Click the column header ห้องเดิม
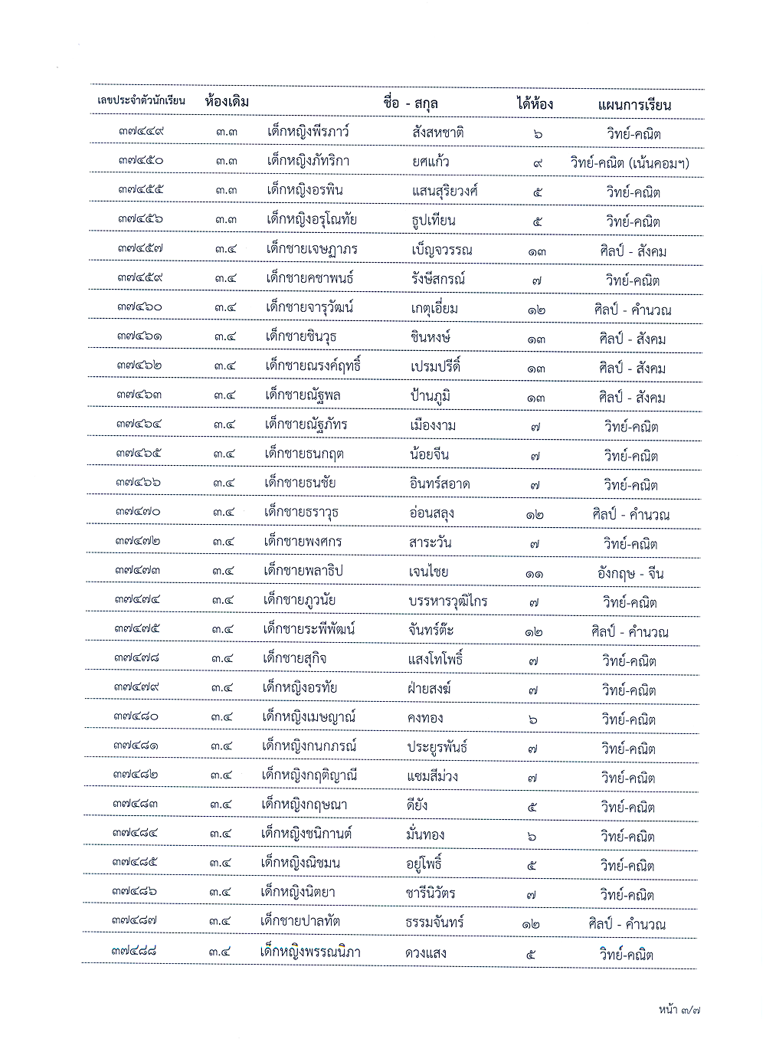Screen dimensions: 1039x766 [x=228, y=102]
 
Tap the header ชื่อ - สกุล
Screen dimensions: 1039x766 [x=411, y=103]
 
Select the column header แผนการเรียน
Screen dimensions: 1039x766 [x=634, y=105]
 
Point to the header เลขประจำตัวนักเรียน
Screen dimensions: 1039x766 [x=142, y=101]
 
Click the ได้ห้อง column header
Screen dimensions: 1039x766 [x=535, y=104]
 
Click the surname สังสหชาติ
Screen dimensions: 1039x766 [x=437, y=133]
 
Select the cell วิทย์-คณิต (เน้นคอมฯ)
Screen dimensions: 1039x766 [x=629, y=162]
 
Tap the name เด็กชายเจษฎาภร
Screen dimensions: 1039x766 [x=312, y=249]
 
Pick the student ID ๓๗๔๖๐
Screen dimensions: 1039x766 [x=140, y=307]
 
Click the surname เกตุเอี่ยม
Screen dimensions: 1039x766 [x=434, y=309]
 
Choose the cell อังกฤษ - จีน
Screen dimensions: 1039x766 [x=630, y=573]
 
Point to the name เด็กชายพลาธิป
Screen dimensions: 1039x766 [x=303, y=571]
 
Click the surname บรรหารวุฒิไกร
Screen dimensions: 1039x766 [x=448, y=601]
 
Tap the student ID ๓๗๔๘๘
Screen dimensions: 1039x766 [x=134, y=951]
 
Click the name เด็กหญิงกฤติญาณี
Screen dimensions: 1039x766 [x=309, y=775]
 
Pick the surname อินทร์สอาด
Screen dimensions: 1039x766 [x=440, y=484]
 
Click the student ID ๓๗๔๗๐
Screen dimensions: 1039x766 [x=139, y=512]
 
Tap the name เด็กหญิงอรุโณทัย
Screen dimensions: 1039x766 [x=312, y=220]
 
